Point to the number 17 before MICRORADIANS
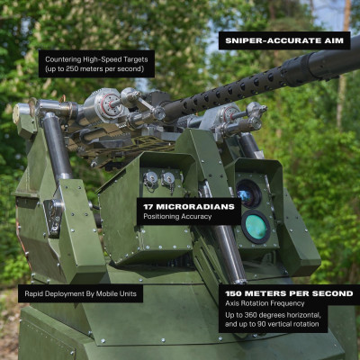(148, 207)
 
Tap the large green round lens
(256, 227)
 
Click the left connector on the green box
(151, 179)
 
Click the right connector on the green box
(168, 179)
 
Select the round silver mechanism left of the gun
(109, 105)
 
